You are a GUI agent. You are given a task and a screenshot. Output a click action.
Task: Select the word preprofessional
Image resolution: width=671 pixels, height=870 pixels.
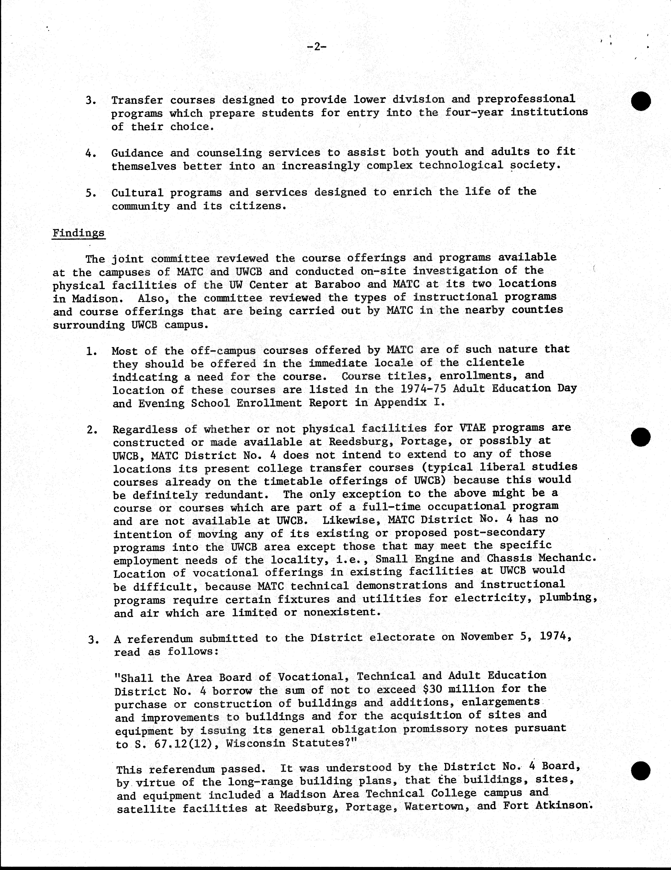point(526,99)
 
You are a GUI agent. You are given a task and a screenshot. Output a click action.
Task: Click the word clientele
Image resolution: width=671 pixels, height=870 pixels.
point(495,363)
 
